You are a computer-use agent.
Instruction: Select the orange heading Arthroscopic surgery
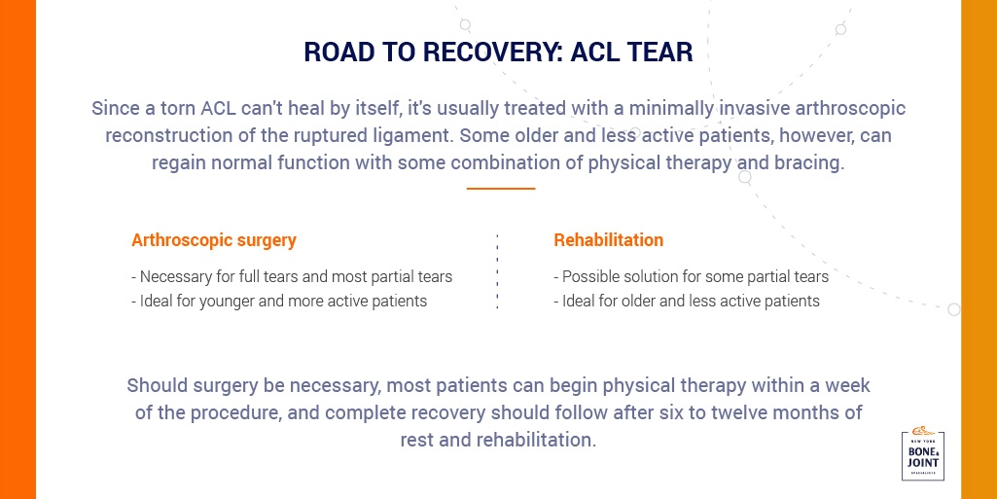[214, 241]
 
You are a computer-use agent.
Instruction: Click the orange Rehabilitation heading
[609, 240]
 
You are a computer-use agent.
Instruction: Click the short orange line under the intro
[500, 188]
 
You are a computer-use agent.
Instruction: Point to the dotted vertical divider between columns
[497, 272]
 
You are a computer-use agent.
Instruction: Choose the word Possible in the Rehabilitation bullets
[588, 277]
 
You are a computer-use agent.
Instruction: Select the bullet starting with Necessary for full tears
[292, 277]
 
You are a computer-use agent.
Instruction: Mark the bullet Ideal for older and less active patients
[687, 301]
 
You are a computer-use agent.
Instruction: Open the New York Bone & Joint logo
[923, 453]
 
